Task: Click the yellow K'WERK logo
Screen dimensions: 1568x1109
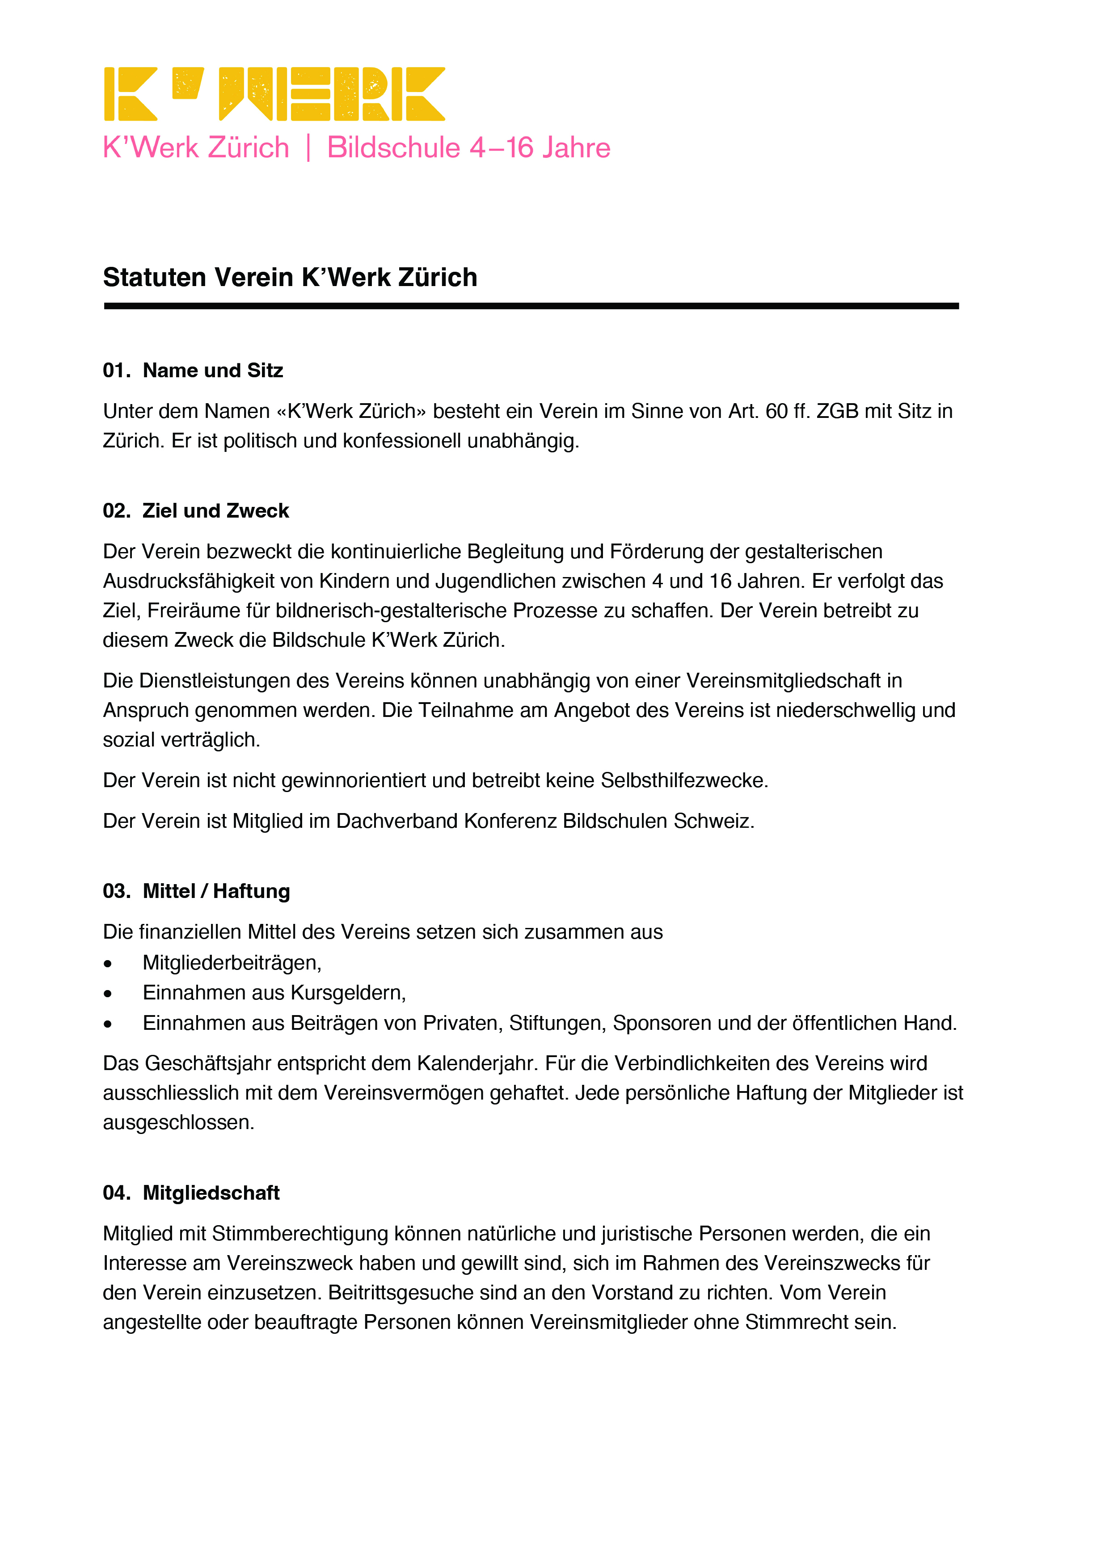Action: [274, 94]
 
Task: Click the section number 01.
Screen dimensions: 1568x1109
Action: [116, 371]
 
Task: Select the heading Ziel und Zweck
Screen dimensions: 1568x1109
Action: [216, 511]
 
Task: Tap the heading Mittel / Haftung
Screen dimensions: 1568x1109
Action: [216, 891]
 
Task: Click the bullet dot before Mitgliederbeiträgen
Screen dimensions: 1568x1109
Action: [108, 964]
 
